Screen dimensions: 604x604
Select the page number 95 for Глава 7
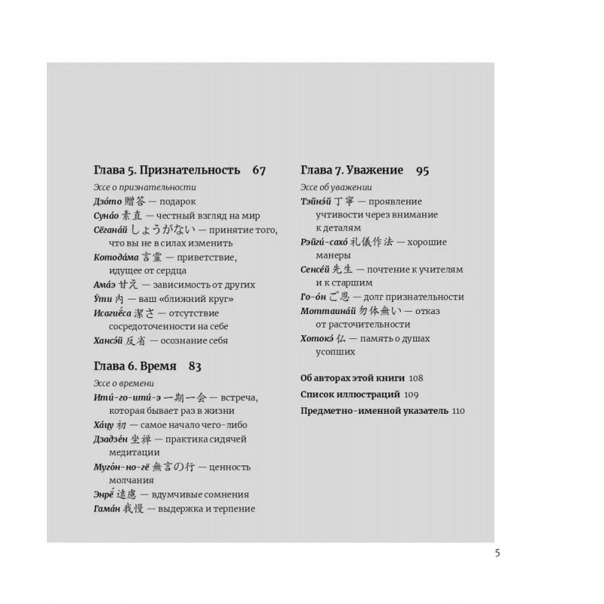422,171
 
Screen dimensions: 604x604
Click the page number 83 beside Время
196,367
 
